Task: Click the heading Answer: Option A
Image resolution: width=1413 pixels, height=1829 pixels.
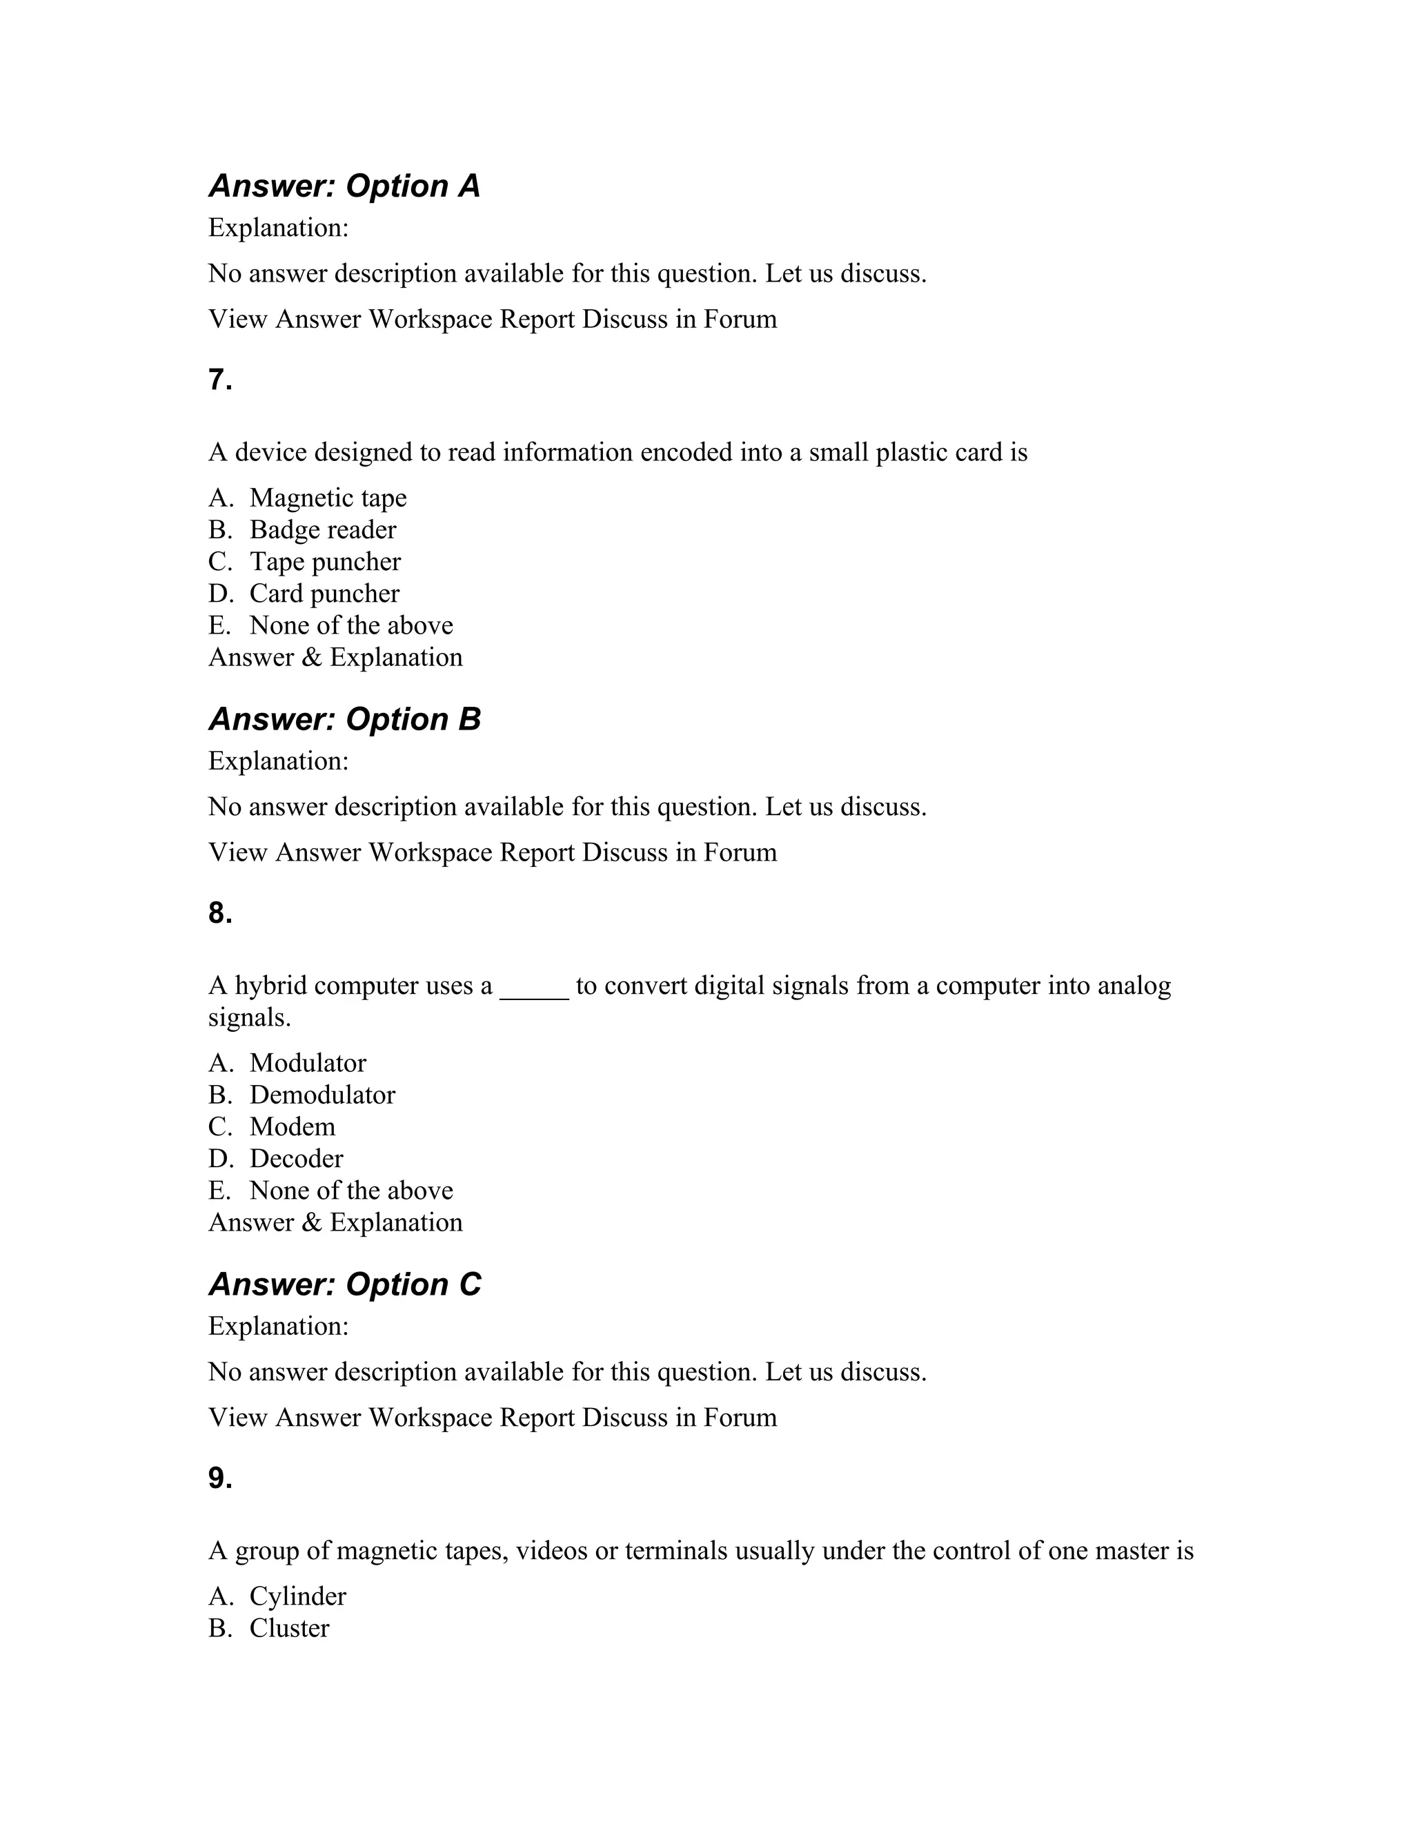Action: tap(344, 186)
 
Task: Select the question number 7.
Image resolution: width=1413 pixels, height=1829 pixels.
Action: tap(220, 380)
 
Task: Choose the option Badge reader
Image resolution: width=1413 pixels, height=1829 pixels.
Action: tap(322, 529)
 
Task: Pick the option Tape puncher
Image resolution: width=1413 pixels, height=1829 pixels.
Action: tap(325, 561)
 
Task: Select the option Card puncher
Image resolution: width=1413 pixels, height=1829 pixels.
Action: tap(324, 593)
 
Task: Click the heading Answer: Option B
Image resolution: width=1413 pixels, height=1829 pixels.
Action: tap(344, 719)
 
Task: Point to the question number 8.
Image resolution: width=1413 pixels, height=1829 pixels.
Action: tap(220, 913)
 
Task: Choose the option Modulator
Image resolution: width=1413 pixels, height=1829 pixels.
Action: tap(307, 1063)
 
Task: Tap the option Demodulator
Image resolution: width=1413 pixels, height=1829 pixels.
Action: tap(322, 1095)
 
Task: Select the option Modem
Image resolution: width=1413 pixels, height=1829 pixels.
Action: tap(292, 1126)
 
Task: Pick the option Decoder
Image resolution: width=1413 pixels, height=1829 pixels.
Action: tap(295, 1158)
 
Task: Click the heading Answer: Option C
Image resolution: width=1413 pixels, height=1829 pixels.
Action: tap(344, 1284)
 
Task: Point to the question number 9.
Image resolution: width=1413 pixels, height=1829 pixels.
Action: tap(220, 1478)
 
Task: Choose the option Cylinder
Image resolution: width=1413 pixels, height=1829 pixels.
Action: tap(297, 1596)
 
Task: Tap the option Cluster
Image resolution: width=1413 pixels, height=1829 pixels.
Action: tap(289, 1628)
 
